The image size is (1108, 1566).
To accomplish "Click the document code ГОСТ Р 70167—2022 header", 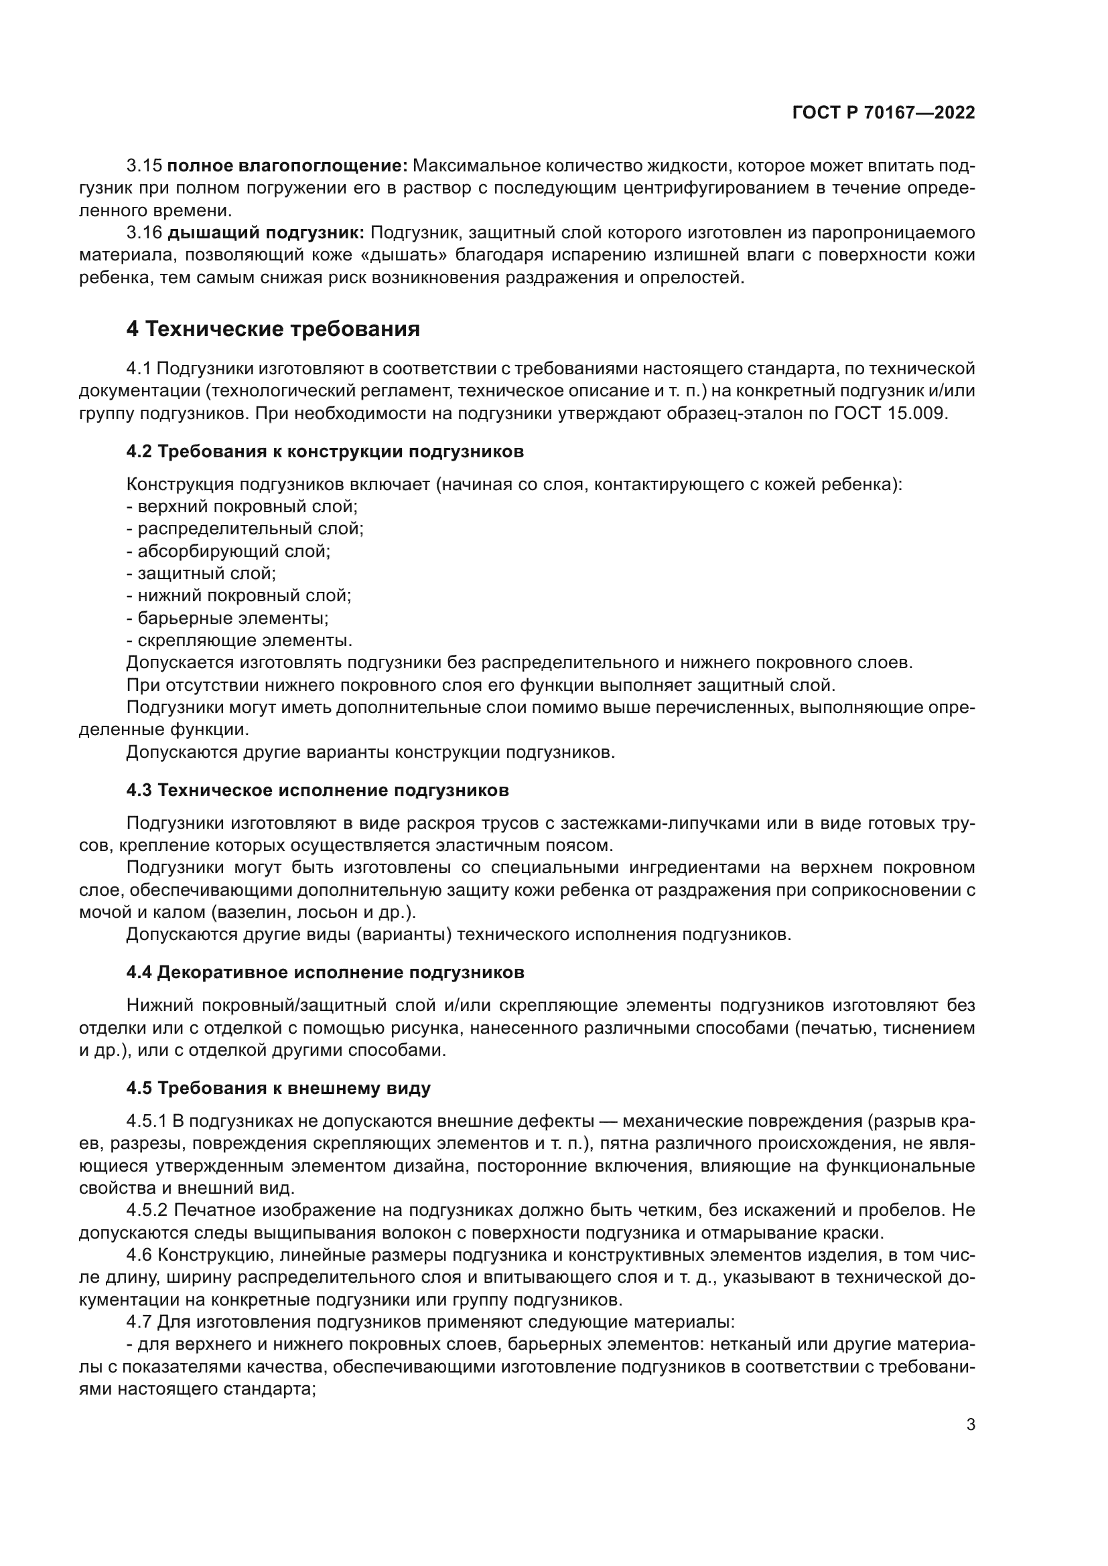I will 884,113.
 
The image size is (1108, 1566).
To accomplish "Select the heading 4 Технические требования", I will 273,329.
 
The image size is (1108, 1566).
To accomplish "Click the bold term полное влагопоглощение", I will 287,166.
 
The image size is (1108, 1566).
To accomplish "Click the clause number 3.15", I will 144,166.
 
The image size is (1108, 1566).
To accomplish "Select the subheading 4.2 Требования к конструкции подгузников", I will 325,451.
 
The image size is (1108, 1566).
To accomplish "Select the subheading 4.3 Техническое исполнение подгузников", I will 318,791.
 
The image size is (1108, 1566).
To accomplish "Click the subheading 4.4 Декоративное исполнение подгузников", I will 325,973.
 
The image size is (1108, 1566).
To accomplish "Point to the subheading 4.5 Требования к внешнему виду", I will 279,1088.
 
